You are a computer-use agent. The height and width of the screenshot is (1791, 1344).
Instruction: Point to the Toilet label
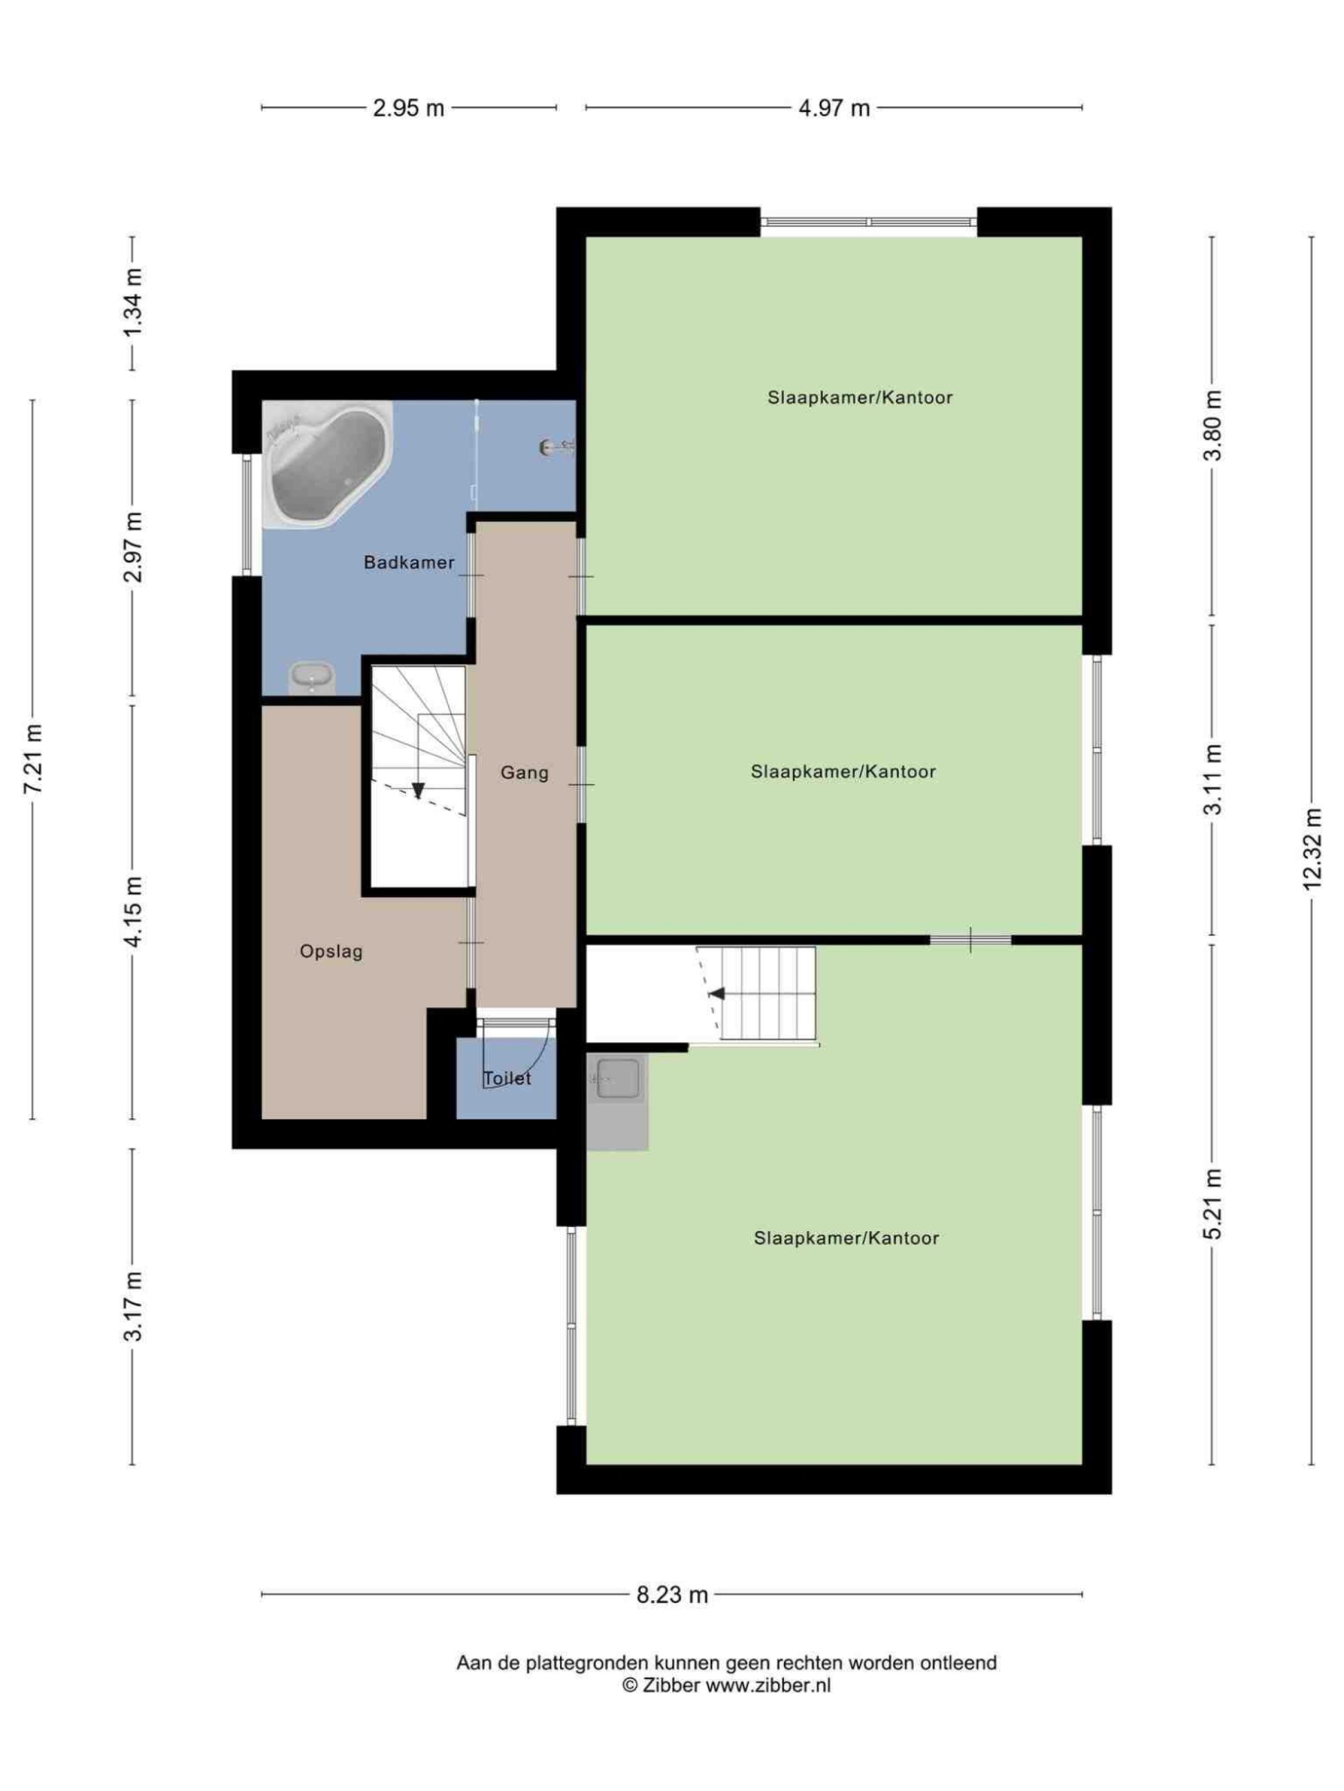(x=507, y=1079)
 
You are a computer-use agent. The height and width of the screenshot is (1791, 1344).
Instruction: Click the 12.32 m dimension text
(x=1313, y=850)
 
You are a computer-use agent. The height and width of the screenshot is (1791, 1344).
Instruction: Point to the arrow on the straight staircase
(x=716, y=993)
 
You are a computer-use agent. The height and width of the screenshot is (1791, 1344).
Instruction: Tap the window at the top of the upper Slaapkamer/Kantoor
(x=869, y=222)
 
